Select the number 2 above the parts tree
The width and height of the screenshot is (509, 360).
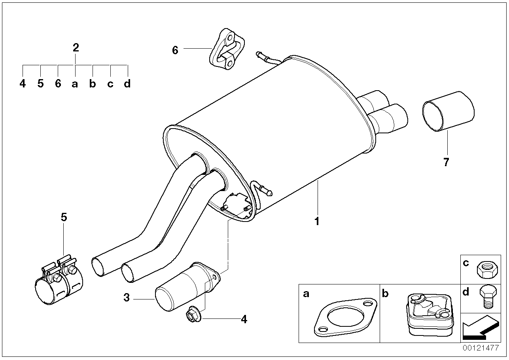pos(76,48)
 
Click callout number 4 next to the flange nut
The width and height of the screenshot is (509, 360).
pos(244,319)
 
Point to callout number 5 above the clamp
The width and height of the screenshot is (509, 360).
pos(64,217)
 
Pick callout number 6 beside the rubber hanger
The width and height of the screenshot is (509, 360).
pos(175,50)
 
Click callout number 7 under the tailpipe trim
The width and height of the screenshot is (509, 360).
pos(447,162)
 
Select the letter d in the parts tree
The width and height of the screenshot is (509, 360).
pos(127,84)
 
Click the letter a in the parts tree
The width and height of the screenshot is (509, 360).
pos(75,84)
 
